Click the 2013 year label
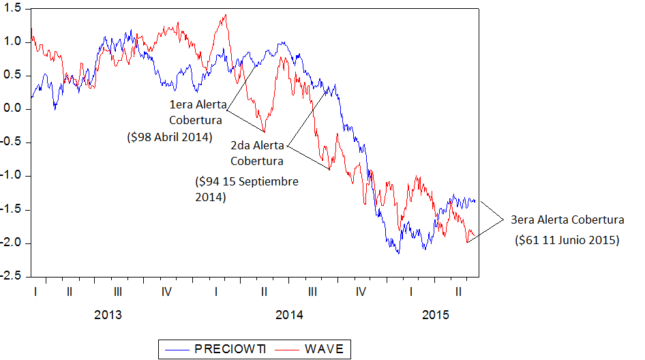pyautogui.click(x=108, y=315)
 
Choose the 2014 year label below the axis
pyautogui.click(x=289, y=315)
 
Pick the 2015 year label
pyautogui.click(x=436, y=315)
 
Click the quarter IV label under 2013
pyautogui.click(x=166, y=292)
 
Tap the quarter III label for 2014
pyautogui.click(x=312, y=292)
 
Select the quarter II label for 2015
pyautogui.click(x=459, y=292)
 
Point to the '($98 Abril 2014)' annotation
pyautogui.click(x=169, y=137)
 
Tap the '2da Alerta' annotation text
pyautogui.click(x=256, y=145)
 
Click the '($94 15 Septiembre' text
pyautogui.click(x=246, y=182)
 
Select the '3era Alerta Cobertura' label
pyautogui.click(x=567, y=220)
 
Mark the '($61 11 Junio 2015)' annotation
pyautogui.click(x=566, y=240)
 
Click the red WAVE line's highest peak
pyautogui.click(x=225, y=15)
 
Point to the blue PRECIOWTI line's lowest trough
pyautogui.click(x=399, y=253)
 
